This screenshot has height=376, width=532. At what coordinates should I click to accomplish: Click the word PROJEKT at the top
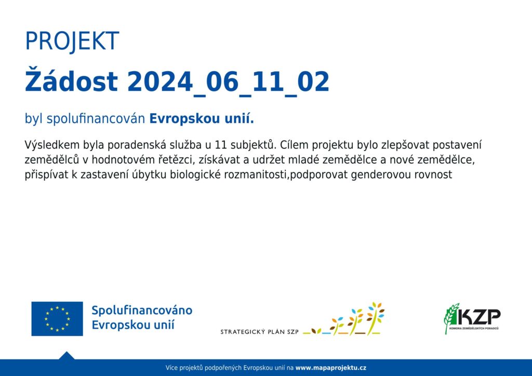coord(72,42)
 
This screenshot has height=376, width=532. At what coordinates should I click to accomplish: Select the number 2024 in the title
coord(160,82)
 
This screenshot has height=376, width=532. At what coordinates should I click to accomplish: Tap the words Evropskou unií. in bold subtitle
coord(202,118)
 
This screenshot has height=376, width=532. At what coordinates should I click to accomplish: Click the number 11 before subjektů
coord(220,145)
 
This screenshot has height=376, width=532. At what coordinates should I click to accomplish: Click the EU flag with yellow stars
coord(57,319)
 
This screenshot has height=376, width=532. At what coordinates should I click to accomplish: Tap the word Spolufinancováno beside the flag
coord(142,311)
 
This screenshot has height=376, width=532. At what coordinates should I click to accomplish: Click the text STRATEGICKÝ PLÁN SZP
coord(260,331)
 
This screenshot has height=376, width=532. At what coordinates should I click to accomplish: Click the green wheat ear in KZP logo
coord(451,318)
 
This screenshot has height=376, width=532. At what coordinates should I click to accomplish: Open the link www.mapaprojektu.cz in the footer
coord(331,368)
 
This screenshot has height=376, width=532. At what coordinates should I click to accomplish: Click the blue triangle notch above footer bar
coord(66,356)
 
